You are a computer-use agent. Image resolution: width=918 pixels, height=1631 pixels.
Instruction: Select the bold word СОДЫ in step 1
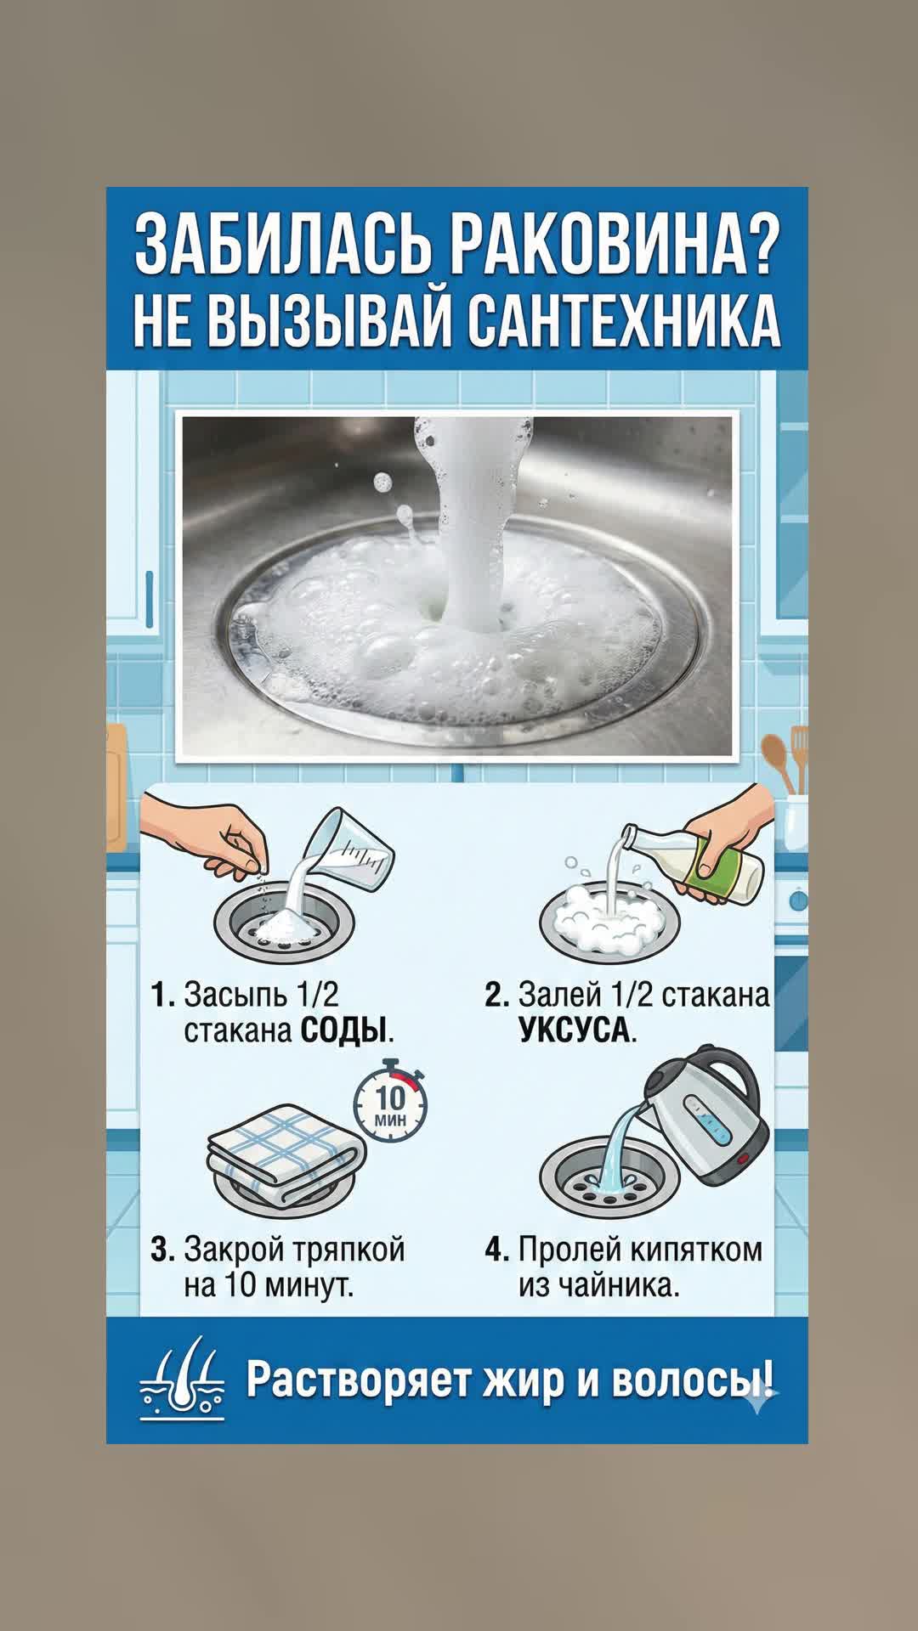(x=343, y=1031)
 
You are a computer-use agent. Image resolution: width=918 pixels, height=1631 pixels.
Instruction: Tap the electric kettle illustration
(x=707, y=1116)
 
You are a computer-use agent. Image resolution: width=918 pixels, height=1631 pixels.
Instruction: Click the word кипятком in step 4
(x=696, y=1250)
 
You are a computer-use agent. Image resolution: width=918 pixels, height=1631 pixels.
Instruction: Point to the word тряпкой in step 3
(x=348, y=1250)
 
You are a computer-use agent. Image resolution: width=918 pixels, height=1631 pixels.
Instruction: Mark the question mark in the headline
(x=755, y=246)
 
